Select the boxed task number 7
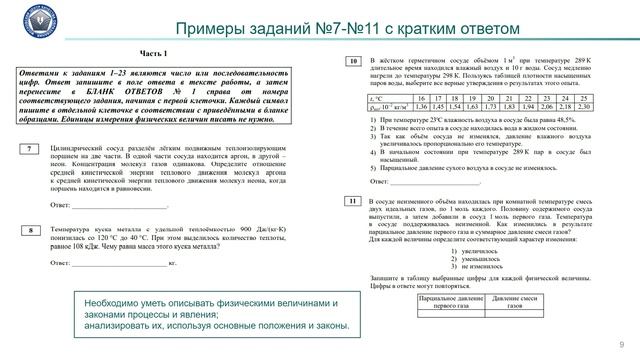pos(32,148)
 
